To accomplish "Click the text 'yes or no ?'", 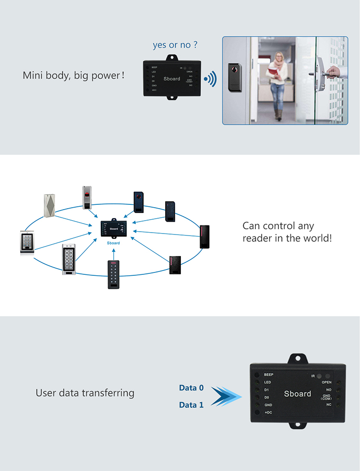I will point(175,45).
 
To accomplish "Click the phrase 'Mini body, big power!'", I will point(74,76).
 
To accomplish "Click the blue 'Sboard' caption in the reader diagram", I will point(113,243).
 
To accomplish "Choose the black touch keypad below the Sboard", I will point(114,274).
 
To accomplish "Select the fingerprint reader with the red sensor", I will point(87,198).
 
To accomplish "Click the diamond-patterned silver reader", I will point(49,205).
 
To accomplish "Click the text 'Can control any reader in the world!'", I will point(287,232).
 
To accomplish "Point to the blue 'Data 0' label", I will point(191,388).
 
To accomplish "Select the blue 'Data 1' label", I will point(191,405).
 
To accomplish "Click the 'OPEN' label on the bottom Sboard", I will point(327,382).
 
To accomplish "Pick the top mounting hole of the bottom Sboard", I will point(297,358).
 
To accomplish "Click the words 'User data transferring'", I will point(85,393).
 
